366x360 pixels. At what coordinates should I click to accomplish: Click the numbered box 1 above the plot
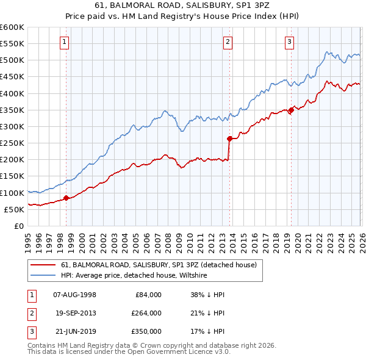click(65, 42)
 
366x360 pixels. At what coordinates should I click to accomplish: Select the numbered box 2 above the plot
click(228, 42)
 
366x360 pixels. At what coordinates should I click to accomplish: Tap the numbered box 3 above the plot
click(289, 42)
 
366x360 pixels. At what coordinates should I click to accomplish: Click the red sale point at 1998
click(65, 198)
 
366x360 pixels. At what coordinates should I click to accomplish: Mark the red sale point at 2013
click(229, 139)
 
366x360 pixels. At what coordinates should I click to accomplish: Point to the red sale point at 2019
click(291, 110)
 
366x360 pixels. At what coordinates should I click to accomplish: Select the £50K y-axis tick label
click(14, 209)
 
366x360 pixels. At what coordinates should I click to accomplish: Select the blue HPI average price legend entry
click(134, 276)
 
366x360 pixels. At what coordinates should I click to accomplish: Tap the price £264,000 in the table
click(146, 313)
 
